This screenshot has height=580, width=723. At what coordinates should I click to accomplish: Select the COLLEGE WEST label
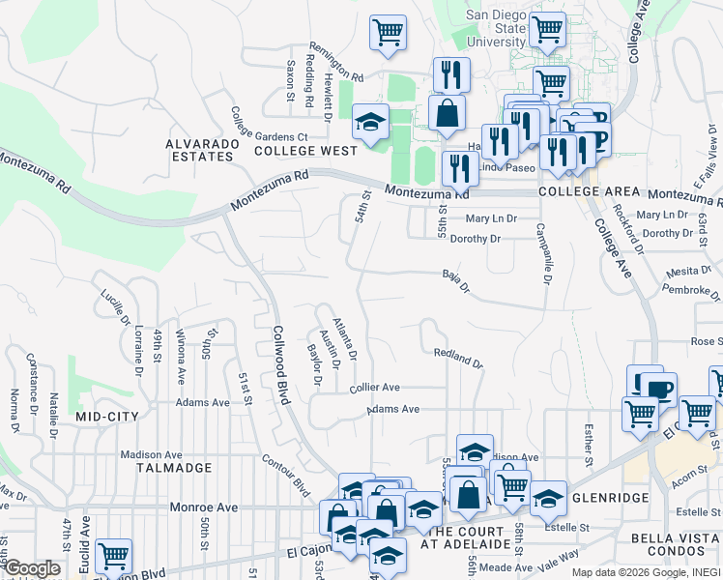coord(305,151)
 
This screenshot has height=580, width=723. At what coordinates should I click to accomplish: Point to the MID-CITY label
coord(107,416)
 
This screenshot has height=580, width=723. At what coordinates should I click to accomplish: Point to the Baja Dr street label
coord(456,281)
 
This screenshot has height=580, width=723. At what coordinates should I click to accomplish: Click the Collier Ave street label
coord(375,387)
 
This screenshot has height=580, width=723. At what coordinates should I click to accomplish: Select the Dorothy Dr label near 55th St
coord(476,239)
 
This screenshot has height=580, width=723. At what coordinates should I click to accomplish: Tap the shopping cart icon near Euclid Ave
coord(114,556)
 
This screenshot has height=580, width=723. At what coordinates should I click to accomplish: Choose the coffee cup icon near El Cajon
coord(660,389)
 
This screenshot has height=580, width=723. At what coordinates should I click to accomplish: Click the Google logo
coord(32,569)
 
